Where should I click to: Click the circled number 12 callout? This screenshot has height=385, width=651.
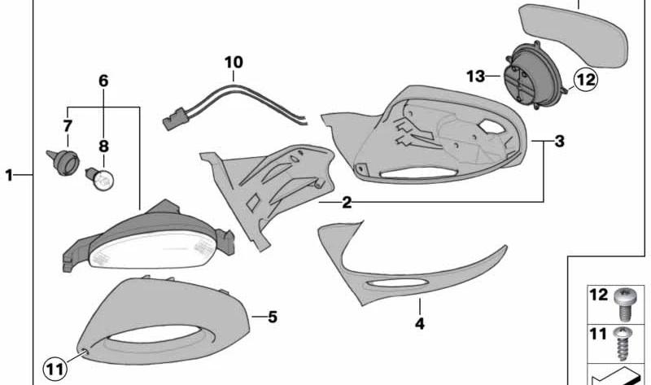pyautogui.click(x=585, y=79)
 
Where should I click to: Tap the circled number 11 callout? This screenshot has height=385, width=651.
pyautogui.click(x=55, y=370)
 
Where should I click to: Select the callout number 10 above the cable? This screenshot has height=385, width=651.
pyautogui.click(x=234, y=63)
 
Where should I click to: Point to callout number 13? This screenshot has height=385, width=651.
pyautogui.click(x=476, y=76)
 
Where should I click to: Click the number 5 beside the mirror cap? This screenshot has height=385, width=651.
pyautogui.click(x=272, y=317)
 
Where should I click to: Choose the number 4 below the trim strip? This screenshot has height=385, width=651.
pyautogui.click(x=420, y=323)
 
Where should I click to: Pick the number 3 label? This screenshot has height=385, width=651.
pyautogui.click(x=559, y=141)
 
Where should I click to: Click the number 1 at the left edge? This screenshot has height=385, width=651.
pyautogui.click(x=9, y=175)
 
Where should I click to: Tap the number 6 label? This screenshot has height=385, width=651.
pyautogui.click(x=103, y=81)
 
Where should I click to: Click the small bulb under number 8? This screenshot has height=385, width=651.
pyautogui.click(x=100, y=178)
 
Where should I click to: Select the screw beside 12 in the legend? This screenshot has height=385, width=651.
pyautogui.click(x=625, y=305)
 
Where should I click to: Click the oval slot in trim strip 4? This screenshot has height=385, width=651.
pyautogui.click(x=396, y=284)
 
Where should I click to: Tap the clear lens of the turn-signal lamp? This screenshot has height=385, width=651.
pyautogui.click(x=152, y=251)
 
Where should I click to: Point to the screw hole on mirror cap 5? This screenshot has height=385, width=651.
pyautogui.click(x=85, y=352)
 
